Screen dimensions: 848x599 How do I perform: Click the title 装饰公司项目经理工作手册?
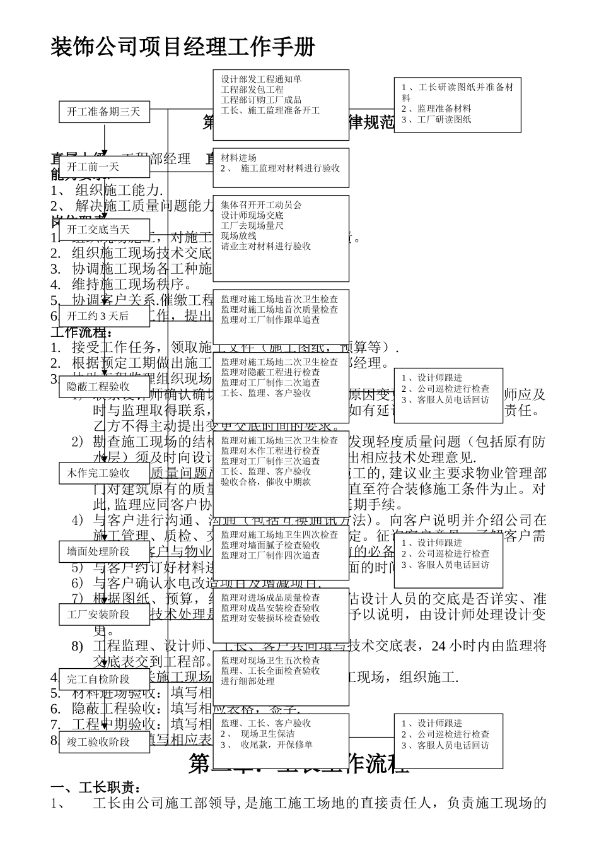click(182, 47)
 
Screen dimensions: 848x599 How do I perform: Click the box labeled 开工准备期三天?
click(104, 112)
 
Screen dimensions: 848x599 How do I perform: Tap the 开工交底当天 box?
click(104, 229)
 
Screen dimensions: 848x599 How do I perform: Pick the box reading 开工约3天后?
click(104, 315)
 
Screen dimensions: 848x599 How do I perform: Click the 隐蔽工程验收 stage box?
click(104, 386)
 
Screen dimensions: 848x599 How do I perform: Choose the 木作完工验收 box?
click(104, 473)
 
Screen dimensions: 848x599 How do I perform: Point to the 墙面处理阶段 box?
click(104, 551)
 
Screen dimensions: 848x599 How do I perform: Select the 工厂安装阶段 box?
click(104, 614)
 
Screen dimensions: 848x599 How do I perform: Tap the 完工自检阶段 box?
click(104, 679)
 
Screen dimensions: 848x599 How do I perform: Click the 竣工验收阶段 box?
click(104, 741)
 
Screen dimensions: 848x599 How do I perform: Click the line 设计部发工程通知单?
click(261, 79)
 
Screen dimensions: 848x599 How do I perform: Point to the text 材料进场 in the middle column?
click(238, 158)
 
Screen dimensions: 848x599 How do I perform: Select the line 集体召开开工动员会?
click(261, 204)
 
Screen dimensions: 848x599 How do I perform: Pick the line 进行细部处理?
click(248, 681)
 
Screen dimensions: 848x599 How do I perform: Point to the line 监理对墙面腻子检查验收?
click(270, 545)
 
